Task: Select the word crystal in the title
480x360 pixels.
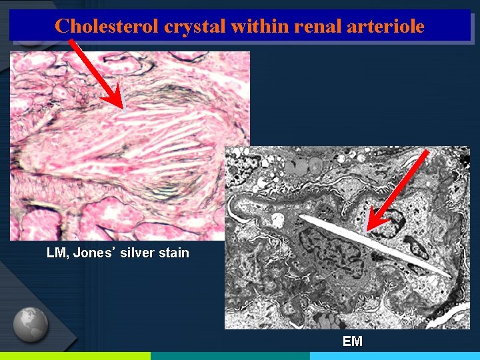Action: pyautogui.click(x=184, y=26)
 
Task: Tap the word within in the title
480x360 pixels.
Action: pyautogui.click(x=253, y=26)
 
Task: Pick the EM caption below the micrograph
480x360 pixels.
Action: pyautogui.click(x=352, y=341)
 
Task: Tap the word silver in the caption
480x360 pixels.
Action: pyautogui.click(x=139, y=253)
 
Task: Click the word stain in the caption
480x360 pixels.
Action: pyautogui.click(x=173, y=253)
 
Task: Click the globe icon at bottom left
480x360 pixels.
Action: pyautogui.click(x=31, y=324)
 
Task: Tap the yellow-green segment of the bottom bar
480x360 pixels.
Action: pyautogui.click(x=75, y=356)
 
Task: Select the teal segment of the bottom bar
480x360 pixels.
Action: pyautogui.click(x=230, y=356)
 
